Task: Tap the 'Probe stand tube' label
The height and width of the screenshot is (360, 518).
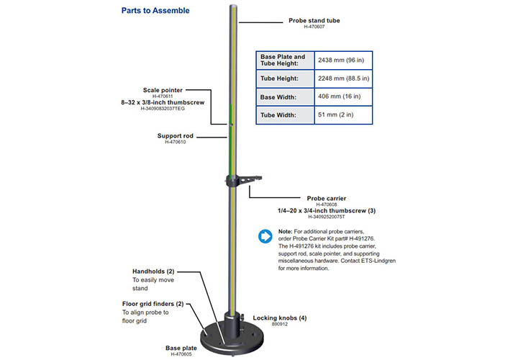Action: pyautogui.click(x=314, y=21)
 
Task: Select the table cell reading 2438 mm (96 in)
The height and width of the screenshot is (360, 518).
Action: pyautogui.click(x=344, y=60)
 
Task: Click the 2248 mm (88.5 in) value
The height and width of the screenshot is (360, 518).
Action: pyautogui.click(x=344, y=78)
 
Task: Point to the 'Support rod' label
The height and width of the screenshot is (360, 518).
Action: pyautogui.click(x=172, y=135)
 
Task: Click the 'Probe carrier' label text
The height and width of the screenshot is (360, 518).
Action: pyautogui.click(x=327, y=198)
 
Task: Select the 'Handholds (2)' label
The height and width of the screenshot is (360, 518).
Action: pyautogui.click(x=153, y=271)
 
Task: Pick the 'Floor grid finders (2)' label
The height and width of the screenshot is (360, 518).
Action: pyautogui.click(x=153, y=304)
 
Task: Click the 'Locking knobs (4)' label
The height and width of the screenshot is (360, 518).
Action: pyautogui.click(x=280, y=318)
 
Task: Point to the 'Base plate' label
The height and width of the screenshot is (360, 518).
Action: pyautogui.click(x=181, y=347)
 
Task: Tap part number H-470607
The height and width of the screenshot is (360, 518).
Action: pyautogui.click(x=314, y=27)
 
